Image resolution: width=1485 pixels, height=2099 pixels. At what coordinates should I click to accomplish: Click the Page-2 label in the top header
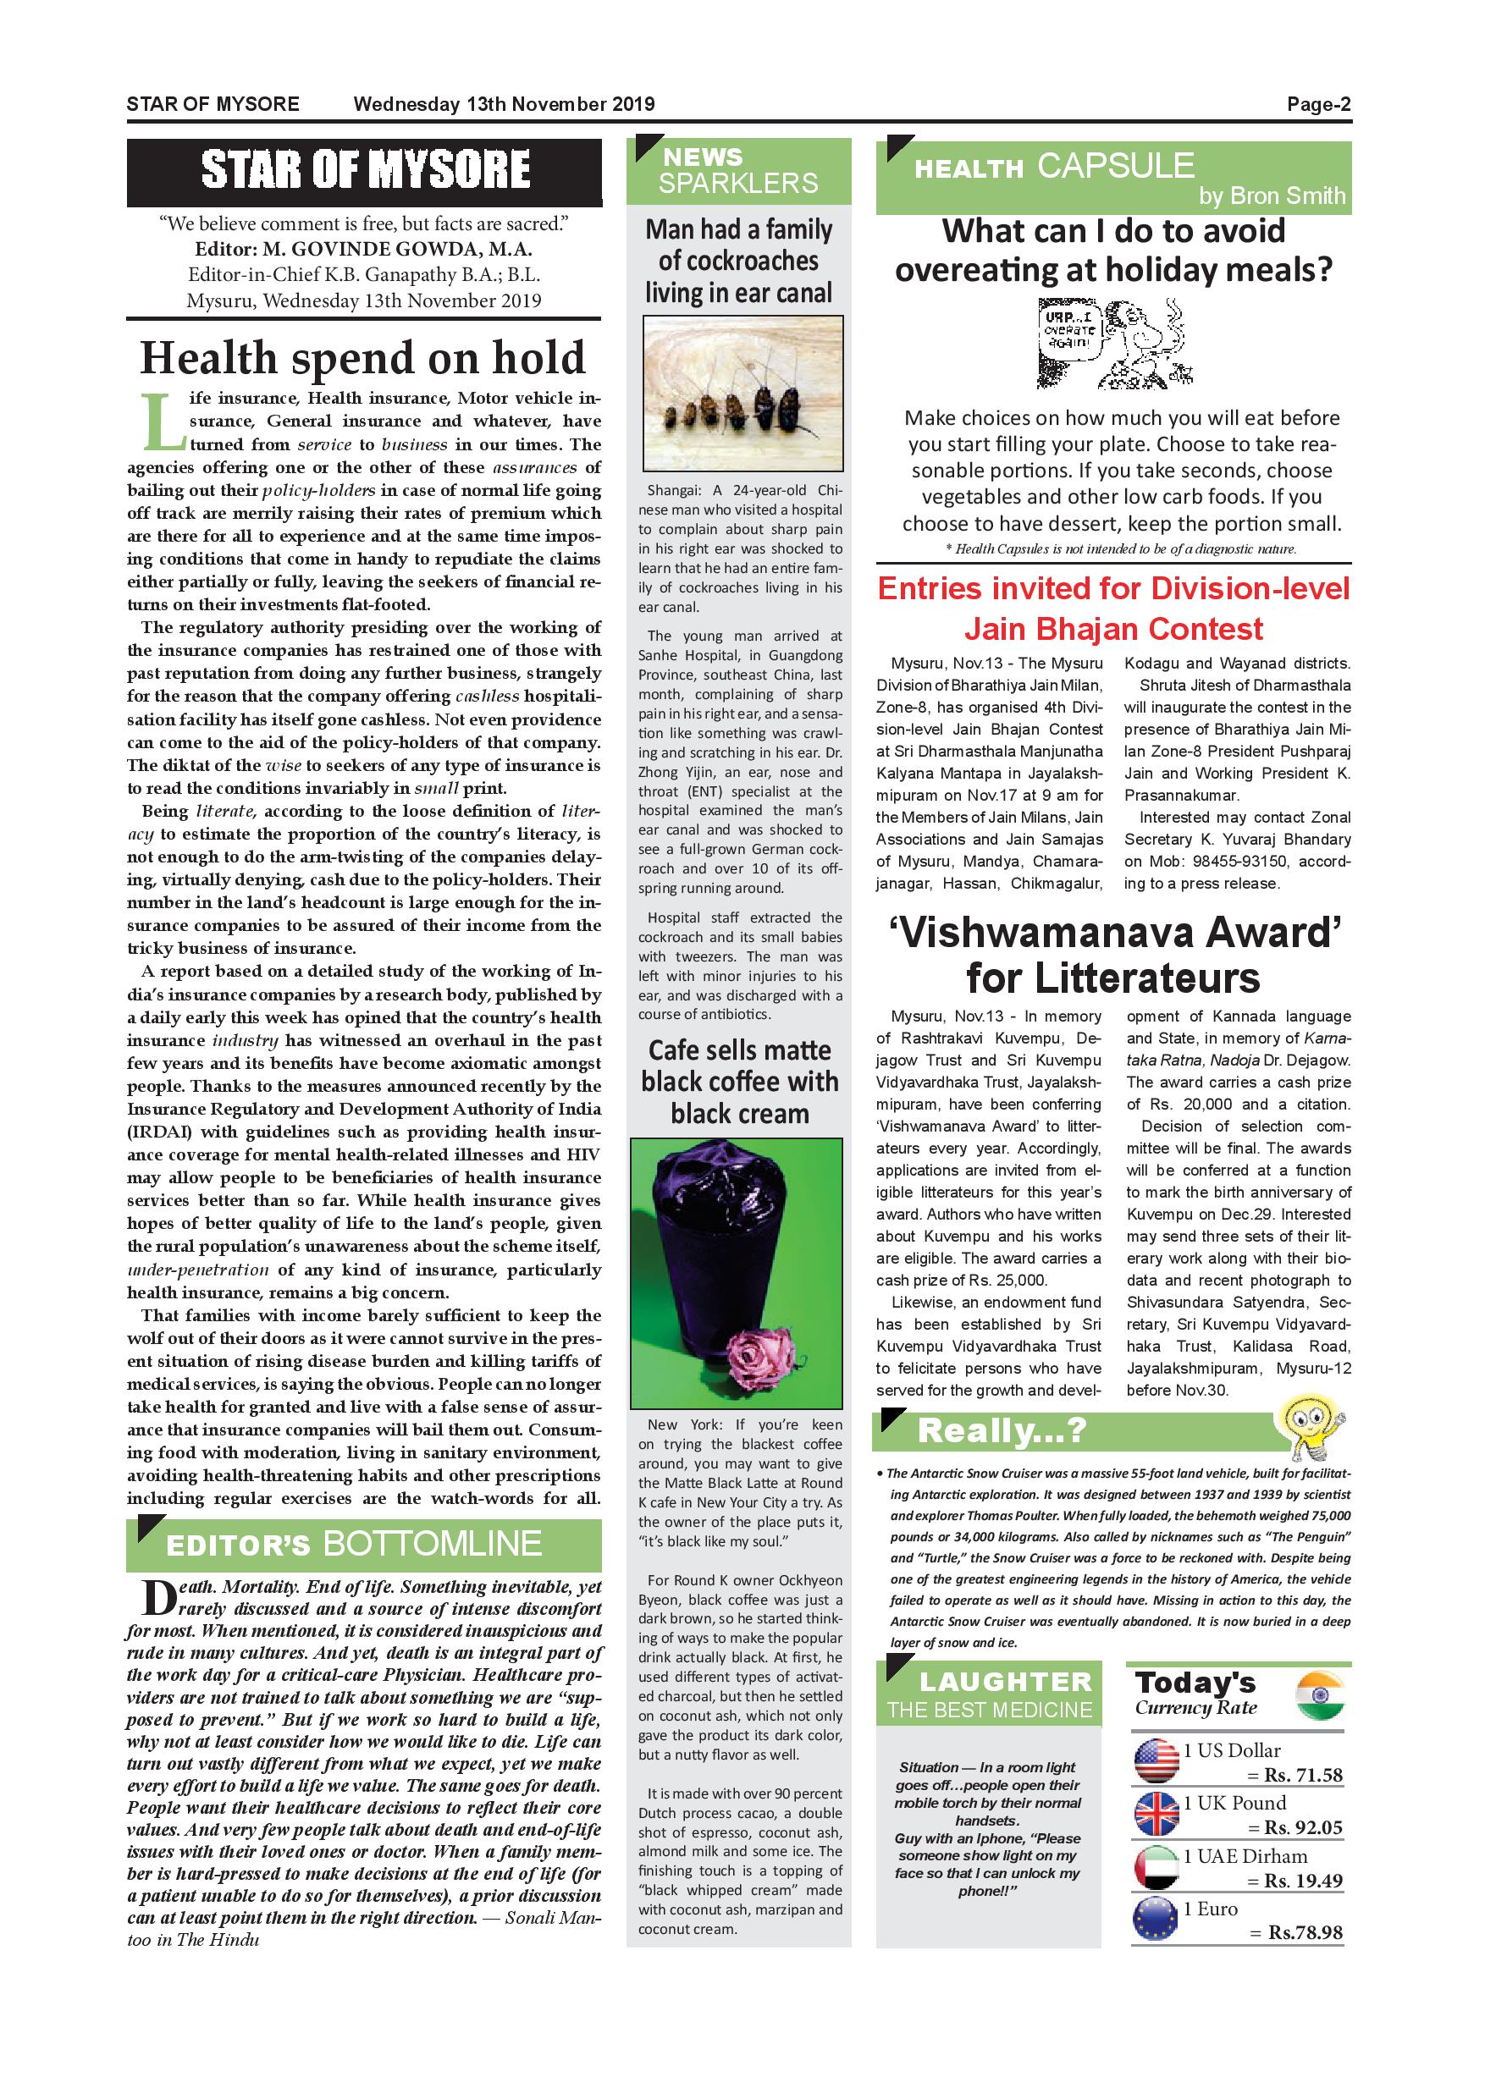pos(1317,104)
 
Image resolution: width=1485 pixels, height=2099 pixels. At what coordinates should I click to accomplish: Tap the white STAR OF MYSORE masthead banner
pos(364,171)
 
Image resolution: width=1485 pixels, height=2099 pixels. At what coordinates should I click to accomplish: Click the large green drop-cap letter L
pos(163,422)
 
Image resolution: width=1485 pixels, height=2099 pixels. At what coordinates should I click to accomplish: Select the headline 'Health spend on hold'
pos(363,357)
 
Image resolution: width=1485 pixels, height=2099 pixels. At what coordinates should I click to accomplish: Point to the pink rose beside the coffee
pos(754,1356)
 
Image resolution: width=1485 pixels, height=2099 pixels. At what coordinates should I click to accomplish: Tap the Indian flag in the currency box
pos(1321,1697)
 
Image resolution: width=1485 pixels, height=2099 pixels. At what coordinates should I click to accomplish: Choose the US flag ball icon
pos(1156,1760)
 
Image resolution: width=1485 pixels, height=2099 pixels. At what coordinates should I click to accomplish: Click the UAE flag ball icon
pos(1156,1867)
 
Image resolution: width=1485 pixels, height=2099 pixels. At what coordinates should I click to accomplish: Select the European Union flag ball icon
pos(1156,1920)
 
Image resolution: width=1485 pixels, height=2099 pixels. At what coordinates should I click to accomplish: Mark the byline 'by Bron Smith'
pos(1272,196)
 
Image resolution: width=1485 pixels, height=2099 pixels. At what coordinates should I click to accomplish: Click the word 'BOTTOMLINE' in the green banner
pos(433,1544)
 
